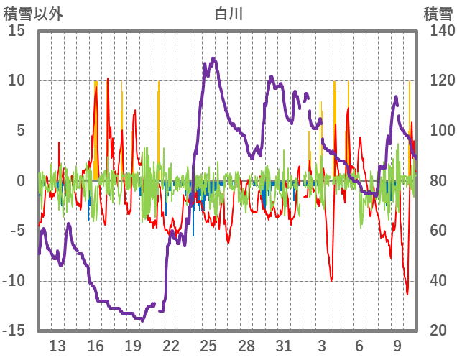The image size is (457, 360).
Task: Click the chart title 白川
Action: point(228,13)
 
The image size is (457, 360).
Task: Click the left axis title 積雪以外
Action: point(33,13)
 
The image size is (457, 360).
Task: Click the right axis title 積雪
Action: point(437,13)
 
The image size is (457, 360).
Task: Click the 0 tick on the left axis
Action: point(21,181)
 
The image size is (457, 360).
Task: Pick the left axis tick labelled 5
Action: point(21,131)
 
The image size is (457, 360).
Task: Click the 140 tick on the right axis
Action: point(435,31)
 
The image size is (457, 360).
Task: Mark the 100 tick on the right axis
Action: point(435,131)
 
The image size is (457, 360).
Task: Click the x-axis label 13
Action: point(57,346)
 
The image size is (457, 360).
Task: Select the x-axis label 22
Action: point(170,346)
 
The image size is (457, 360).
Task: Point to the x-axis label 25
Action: point(208,346)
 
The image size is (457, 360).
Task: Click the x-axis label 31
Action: point(284,346)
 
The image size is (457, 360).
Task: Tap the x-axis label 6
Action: point(359,346)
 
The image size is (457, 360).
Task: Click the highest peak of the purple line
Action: point(214,59)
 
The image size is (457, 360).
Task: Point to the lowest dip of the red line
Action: point(407,293)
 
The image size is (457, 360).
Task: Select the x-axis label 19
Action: point(133,346)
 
